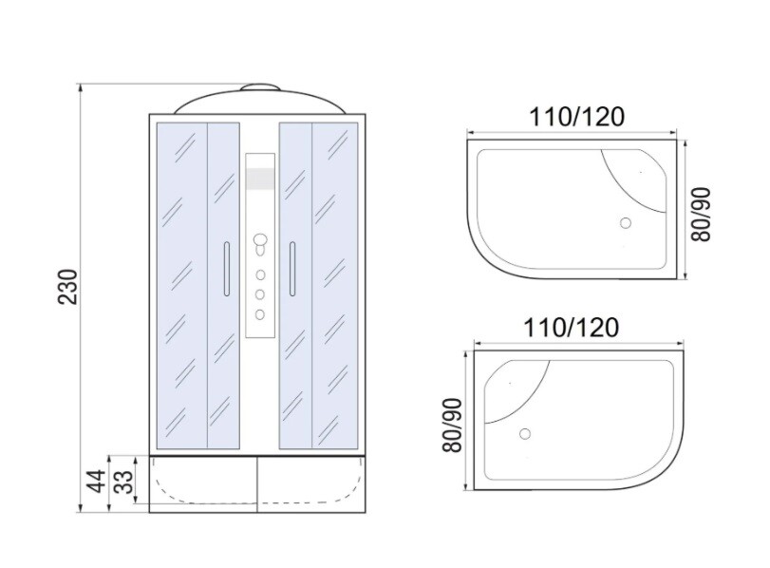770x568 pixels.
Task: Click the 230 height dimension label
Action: (x=65, y=285)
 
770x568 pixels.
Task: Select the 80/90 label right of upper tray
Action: (x=704, y=214)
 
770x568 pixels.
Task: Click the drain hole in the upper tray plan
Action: (x=625, y=223)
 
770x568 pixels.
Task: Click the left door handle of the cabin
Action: (x=226, y=269)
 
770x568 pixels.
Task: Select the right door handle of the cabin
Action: (x=292, y=269)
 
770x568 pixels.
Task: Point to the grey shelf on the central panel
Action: (x=259, y=179)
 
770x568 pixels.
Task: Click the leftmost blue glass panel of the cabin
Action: (x=179, y=275)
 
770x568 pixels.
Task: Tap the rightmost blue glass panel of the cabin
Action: (x=337, y=275)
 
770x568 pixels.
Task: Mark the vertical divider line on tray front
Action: (x=258, y=484)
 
